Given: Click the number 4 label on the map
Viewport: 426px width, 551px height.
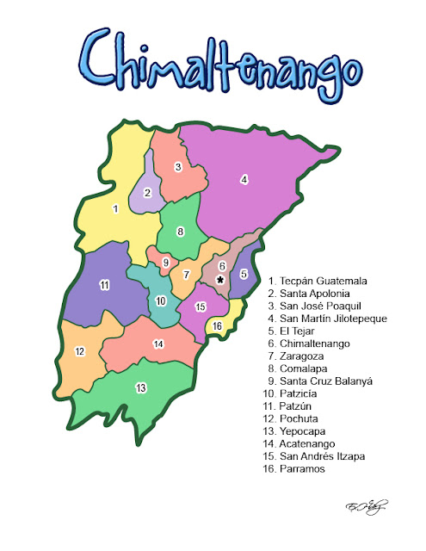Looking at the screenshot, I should click(x=244, y=179).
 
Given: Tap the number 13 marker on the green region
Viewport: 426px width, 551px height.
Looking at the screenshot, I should click(x=140, y=387).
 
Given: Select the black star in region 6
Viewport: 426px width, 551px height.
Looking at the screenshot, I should click(x=220, y=281).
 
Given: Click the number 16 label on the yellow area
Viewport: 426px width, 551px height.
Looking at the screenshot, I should click(x=218, y=325).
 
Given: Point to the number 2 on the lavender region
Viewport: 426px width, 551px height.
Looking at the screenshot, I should click(x=147, y=193).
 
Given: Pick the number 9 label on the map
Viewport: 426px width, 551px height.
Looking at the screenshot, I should click(x=166, y=262).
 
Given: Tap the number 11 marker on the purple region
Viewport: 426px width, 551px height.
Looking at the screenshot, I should click(x=104, y=285).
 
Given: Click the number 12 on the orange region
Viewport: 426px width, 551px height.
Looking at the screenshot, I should click(x=79, y=351).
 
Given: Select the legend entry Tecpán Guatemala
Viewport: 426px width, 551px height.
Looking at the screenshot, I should click(x=318, y=281).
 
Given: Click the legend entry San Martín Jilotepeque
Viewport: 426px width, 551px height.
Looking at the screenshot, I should click(x=327, y=319).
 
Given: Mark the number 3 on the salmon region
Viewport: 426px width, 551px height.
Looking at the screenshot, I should click(x=178, y=166).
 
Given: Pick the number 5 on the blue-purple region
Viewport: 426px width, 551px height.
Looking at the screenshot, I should click(x=244, y=275).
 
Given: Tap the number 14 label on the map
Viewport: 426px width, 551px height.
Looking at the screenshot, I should click(x=158, y=344).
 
